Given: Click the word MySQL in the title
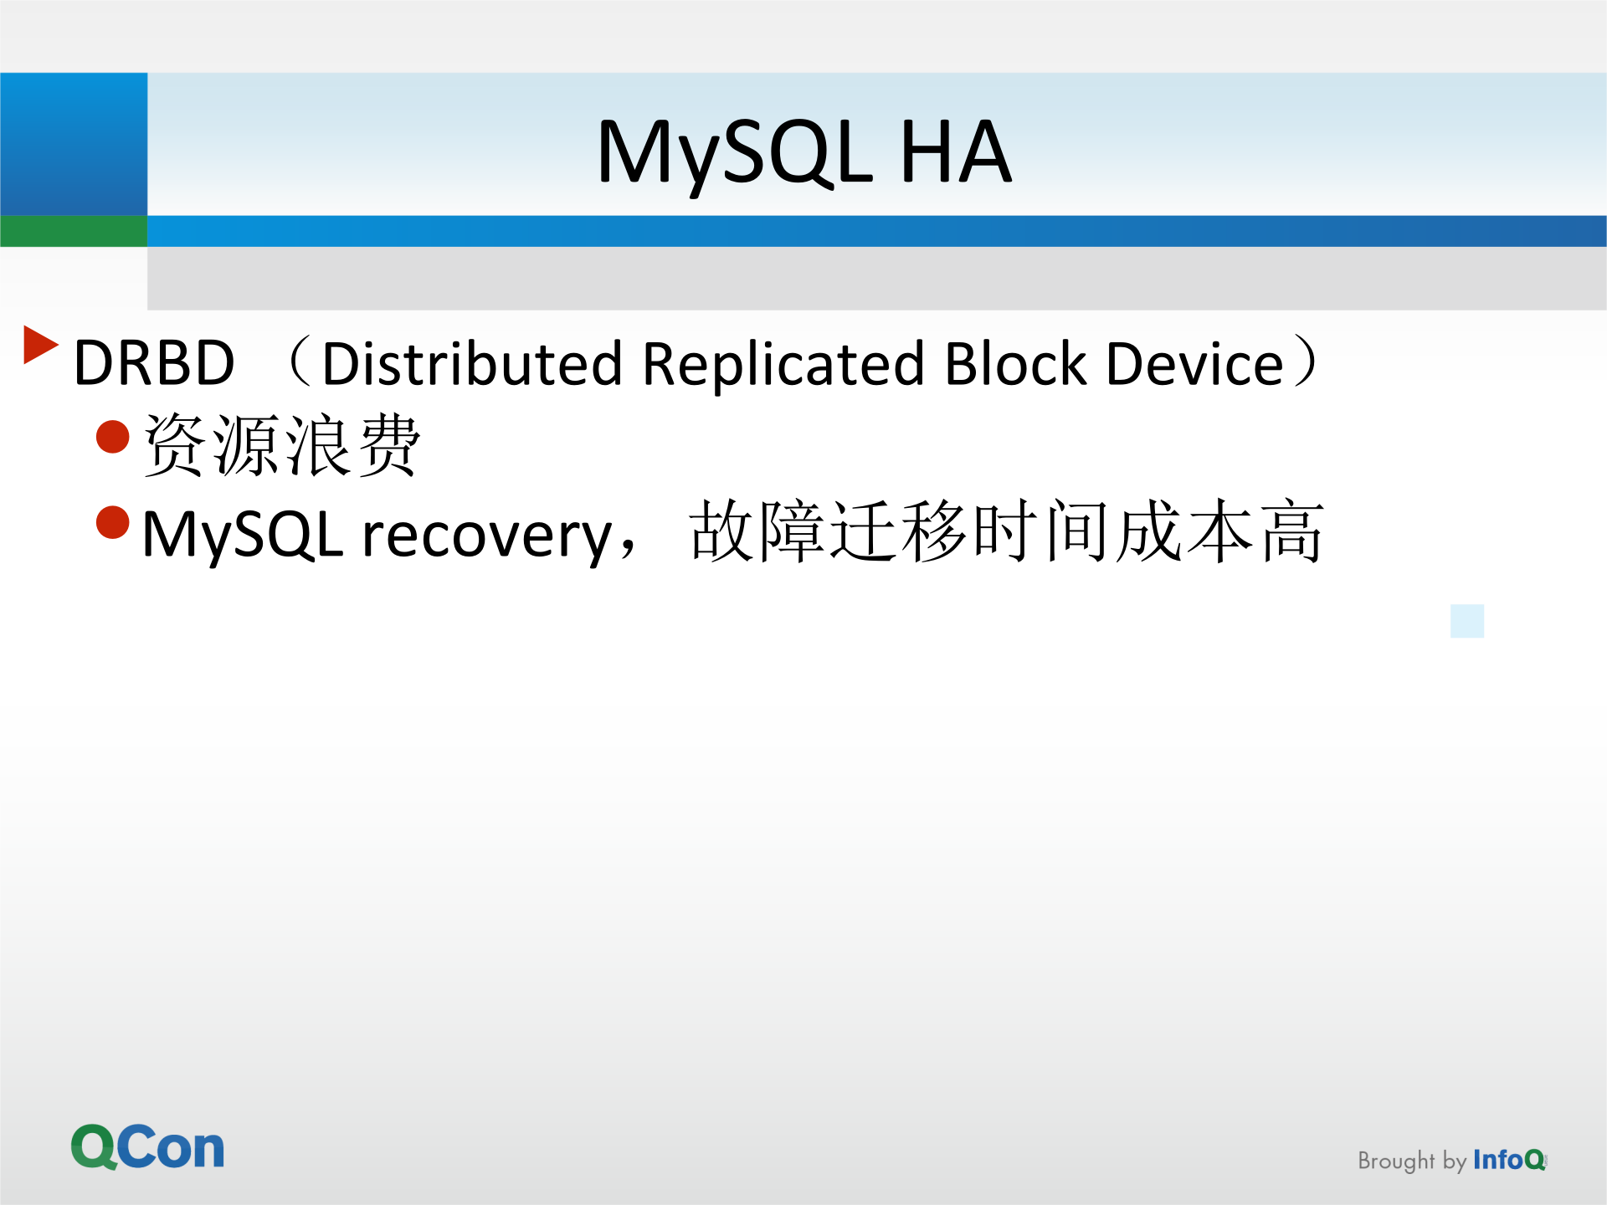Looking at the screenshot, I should (734, 152).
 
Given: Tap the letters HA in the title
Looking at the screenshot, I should (955, 152).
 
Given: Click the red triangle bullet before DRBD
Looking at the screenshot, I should (39, 345).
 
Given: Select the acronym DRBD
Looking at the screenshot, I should (154, 363).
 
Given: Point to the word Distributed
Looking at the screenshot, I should (472, 364).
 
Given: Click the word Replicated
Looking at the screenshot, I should (783, 364).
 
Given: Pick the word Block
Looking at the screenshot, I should (1015, 364).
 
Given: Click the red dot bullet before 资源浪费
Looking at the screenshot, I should (113, 436).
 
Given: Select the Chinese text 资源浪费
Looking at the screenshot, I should (281, 445).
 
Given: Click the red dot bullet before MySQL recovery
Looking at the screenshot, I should (113, 522).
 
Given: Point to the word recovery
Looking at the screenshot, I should (488, 536).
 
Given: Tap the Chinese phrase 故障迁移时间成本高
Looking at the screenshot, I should (1006, 531).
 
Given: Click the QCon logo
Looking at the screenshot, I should (147, 1146).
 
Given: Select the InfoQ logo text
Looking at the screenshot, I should (1509, 1160).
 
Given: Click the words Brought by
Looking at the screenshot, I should (1411, 1161).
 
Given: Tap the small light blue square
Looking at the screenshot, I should (1467, 621).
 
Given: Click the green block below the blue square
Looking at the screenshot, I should (74, 231).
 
